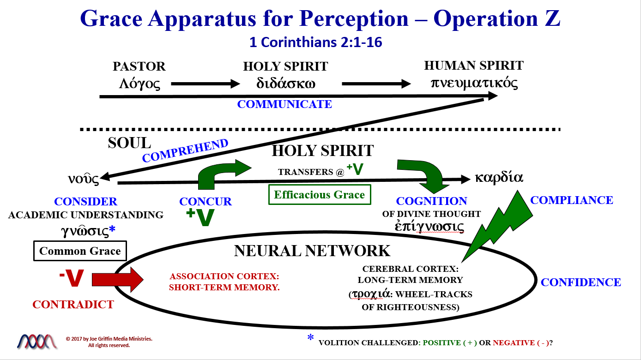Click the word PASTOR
pyautogui.click(x=139, y=66)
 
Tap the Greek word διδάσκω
pyautogui.click(x=286, y=84)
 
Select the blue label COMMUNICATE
pyautogui.click(x=284, y=104)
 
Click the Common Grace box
pyautogui.click(x=80, y=251)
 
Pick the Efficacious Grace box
pyautogui.click(x=320, y=194)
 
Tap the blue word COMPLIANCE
pyautogui.click(x=571, y=200)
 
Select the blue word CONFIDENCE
pyautogui.click(x=581, y=282)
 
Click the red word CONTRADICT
pyautogui.click(x=73, y=305)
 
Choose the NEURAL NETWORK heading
pyautogui.click(x=312, y=251)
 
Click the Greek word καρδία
pyautogui.click(x=499, y=178)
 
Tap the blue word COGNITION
pyautogui.click(x=431, y=201)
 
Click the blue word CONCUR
pyautogui.click(x=206, y=202)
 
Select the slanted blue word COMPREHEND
pyautogui.click(x=185, y=150)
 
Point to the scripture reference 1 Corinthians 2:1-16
pyautogui.click(x=316, y=42)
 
